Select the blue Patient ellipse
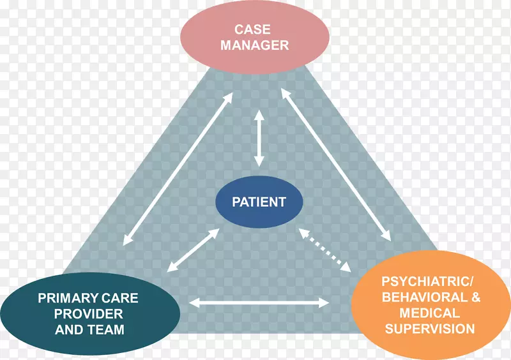pyautogui.click(x=259, y=202)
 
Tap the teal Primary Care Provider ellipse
pyautogui.click(x=88, y=313)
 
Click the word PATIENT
pyautogui.click(x=259, y=202)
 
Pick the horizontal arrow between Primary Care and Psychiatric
pyautogui.click(x=259, y=301)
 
